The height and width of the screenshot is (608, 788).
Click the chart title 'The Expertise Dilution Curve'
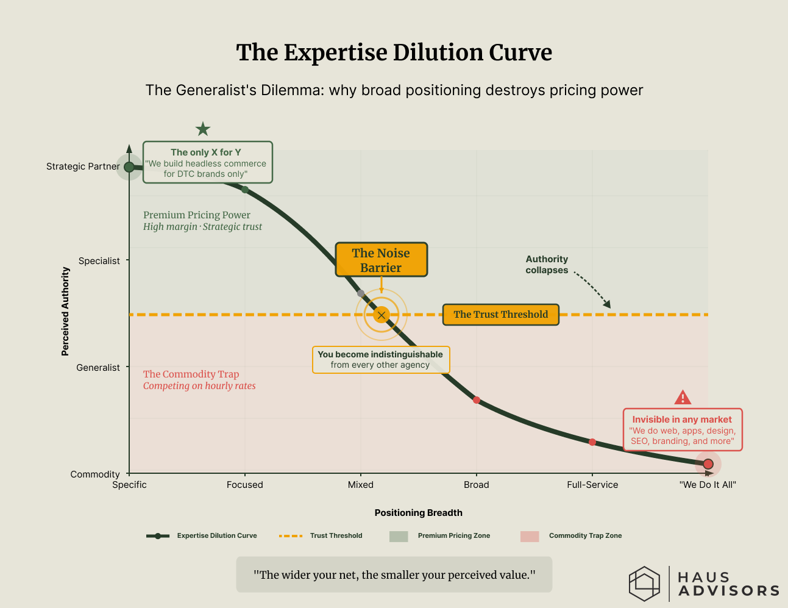coord(394,53)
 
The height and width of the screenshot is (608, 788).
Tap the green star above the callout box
coord(203,129)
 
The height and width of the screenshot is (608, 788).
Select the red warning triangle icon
coord(683,398)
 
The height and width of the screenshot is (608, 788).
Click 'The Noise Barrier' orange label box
coord(381,260)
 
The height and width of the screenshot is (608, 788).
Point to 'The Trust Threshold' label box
coord(500,315)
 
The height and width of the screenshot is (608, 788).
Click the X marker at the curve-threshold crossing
coord(382,315)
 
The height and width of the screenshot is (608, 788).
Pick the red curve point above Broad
coord(477,400)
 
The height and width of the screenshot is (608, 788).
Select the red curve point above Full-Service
coord(592,442)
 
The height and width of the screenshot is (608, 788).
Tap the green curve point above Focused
coord(245,190)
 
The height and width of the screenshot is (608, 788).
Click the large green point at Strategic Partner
coord(129,167)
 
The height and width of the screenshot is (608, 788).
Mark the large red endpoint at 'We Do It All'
coord(708,464)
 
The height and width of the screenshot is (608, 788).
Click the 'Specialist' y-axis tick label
coord(99,261)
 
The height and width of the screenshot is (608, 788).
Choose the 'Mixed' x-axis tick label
coord(361,485)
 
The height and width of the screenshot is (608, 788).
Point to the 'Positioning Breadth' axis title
coord(418,513)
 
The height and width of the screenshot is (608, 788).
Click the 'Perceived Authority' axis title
coord(65,311)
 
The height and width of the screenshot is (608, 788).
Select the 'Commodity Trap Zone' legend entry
coord(585,536)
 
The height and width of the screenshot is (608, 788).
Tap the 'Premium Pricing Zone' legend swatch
coord(399,536)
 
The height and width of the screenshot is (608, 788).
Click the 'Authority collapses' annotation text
coord(547,265)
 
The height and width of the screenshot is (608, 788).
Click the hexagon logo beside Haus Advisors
coord(644,584)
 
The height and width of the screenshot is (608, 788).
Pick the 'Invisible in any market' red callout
coord(682,430)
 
